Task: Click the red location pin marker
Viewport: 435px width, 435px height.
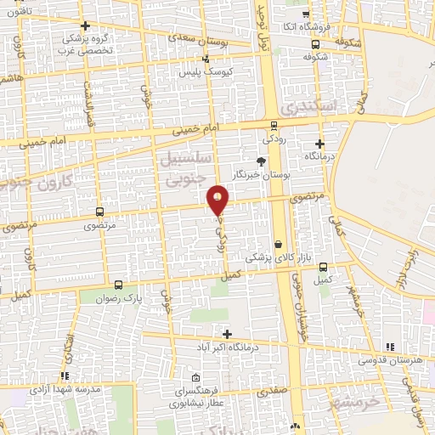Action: click(218, 201)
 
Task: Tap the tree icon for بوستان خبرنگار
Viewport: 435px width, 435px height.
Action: click(261, 161)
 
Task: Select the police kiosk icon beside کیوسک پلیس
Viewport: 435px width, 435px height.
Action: click(205, 59)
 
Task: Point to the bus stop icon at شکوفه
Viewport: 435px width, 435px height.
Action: click(316, 44)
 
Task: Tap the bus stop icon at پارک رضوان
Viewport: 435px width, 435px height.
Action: click(118, 286)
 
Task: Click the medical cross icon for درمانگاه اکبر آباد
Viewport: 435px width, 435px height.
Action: click(226, 333)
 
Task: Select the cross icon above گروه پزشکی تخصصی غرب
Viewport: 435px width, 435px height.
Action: click(85, 27)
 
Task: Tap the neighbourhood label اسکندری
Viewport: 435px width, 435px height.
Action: click(310, 108)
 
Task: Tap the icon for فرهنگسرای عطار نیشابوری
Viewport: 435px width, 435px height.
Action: click(197, 377)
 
